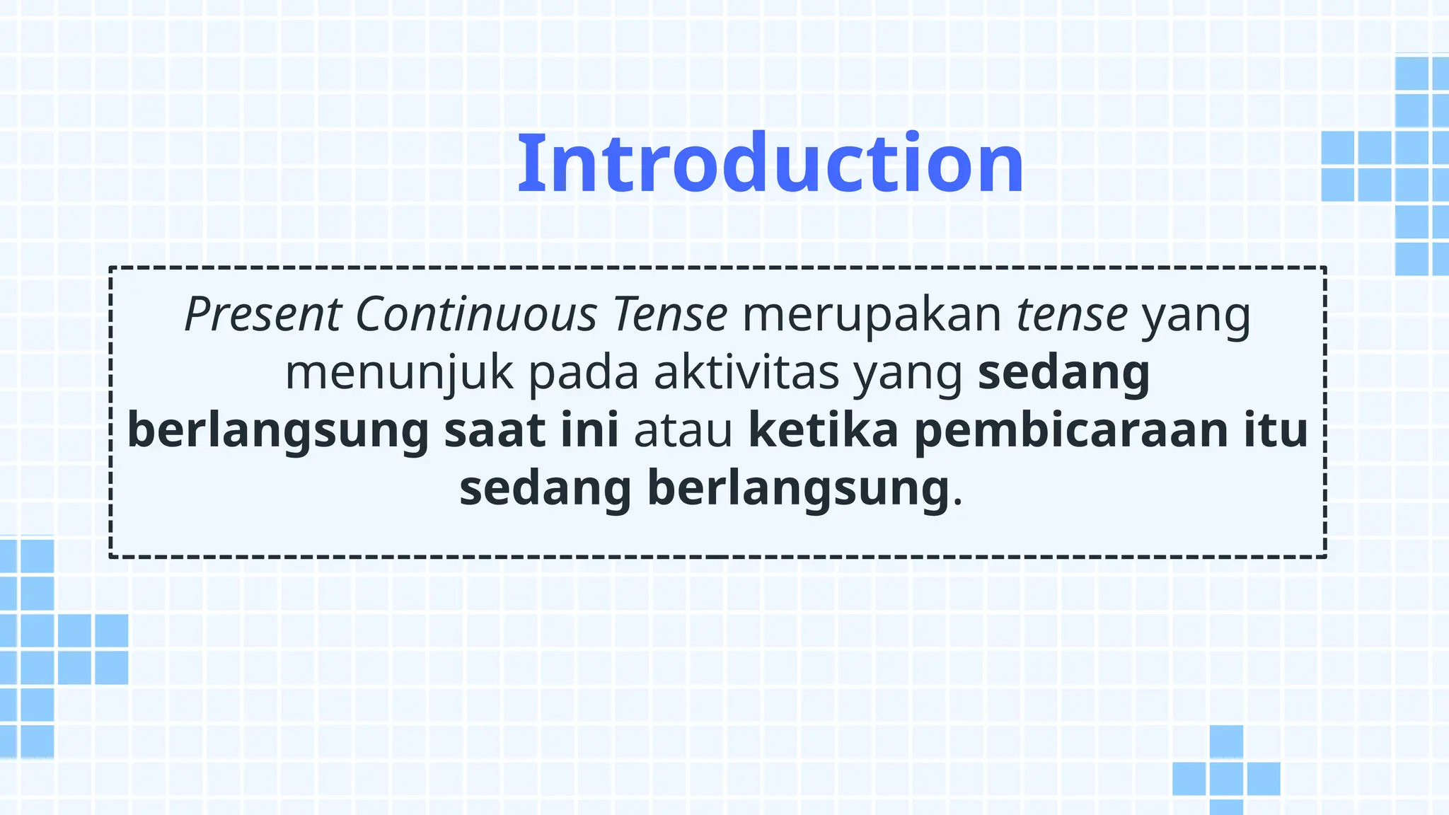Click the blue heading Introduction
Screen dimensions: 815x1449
coord(770,163)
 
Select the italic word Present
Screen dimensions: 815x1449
coord(263,314)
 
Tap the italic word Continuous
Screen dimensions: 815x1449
coord(476,314)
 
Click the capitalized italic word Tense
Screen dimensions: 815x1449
coord(670,314)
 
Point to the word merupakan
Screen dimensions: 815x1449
coord(872,314)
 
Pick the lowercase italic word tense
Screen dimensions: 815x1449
coord(1072,314)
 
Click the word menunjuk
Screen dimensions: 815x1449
coord(399,373)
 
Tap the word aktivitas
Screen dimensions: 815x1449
coord(746,373)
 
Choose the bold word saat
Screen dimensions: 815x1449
coord(495,430)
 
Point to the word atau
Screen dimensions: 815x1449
coord(683,430)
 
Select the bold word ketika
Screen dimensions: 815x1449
coord(824,430)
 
